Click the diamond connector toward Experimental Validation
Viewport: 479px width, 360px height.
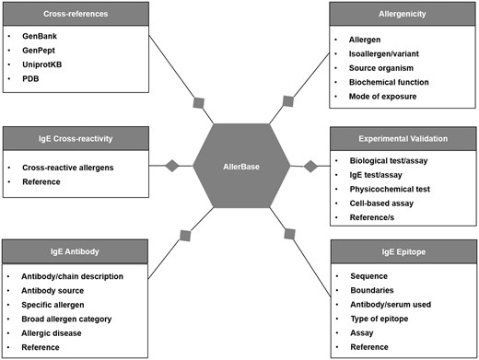(310, 166)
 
